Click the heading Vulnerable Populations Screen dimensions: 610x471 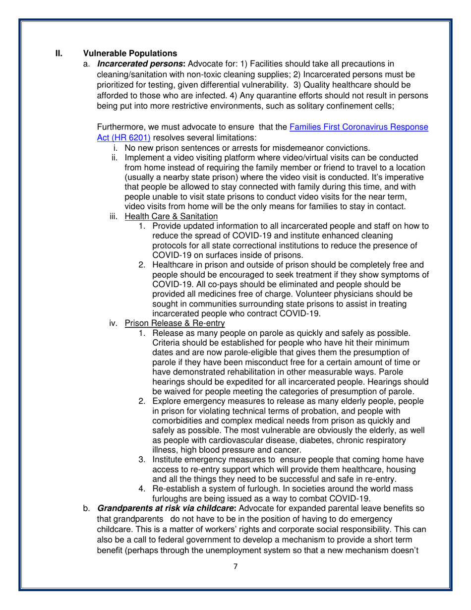129,53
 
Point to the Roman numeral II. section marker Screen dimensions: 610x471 57,53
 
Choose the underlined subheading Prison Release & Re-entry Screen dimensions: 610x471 175,323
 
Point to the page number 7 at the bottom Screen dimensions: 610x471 235,567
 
